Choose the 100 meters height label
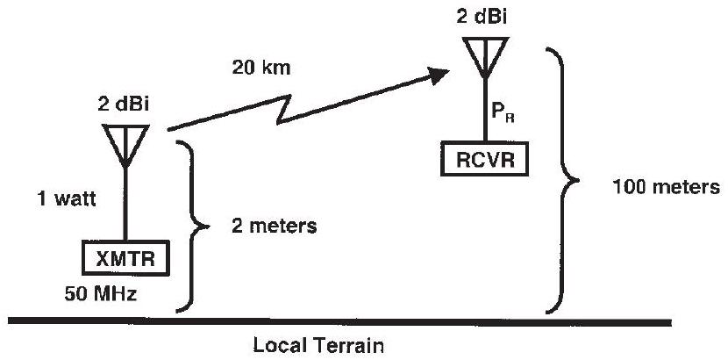click(669, 187)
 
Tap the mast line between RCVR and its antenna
click(483, 110)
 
